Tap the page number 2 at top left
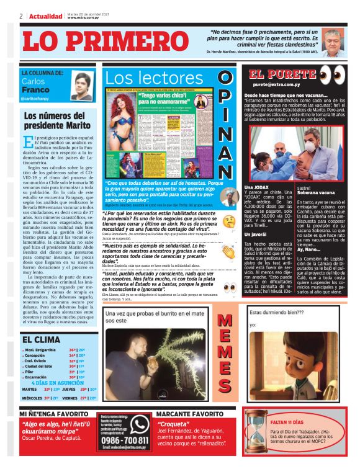(x=21, y=16)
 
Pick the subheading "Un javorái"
(x=256, y=234)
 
